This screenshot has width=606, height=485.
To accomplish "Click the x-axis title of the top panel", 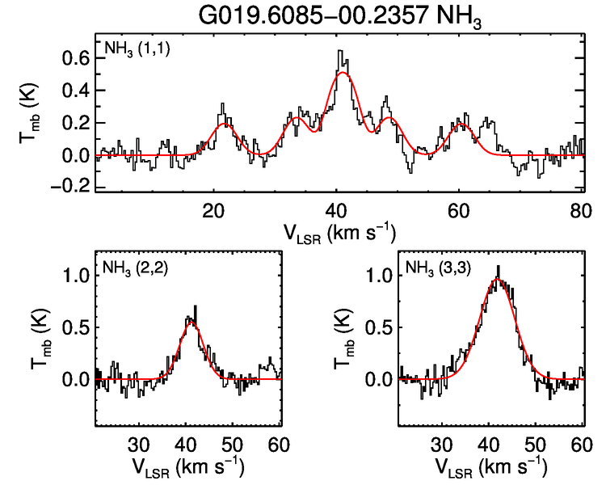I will (x=339, y=232).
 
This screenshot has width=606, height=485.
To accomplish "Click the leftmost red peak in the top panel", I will (x=225, y=124).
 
